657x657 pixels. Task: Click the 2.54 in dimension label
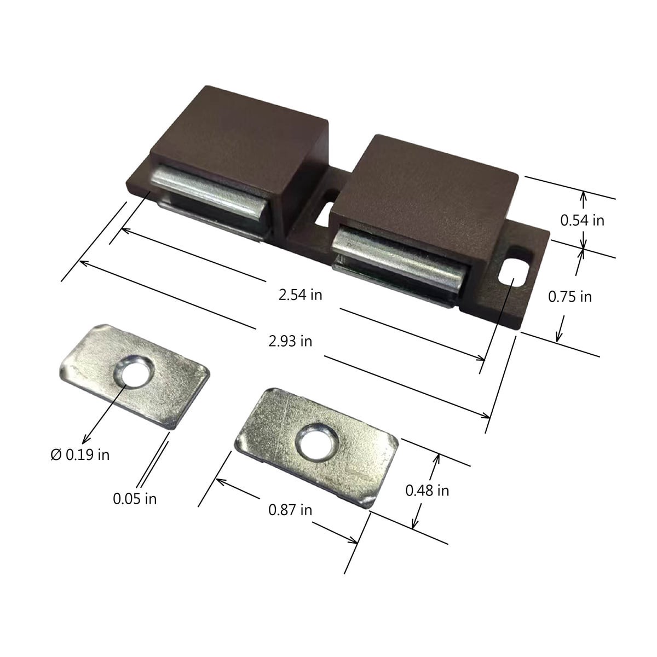(x=300, y=295)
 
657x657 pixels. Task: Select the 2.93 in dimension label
(x=290, y=341)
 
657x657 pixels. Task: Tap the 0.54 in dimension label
(x=582, y=220)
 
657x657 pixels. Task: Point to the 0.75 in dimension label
(x=570, y=297)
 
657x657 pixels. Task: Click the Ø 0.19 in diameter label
(x=80, y=454)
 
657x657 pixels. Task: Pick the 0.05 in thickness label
(x=135, y=499)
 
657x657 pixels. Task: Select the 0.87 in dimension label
(x=290, y=510)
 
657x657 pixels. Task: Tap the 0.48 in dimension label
(x=427, y=491)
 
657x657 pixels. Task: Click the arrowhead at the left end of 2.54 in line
(x=124, y=230)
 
